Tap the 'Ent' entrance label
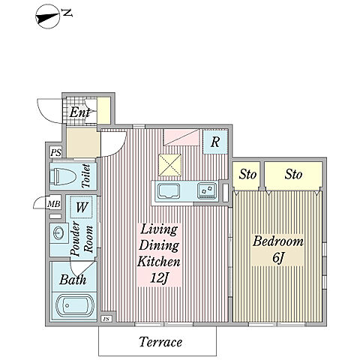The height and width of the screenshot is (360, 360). pos(79,112)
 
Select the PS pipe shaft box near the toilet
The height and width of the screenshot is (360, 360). pos(55,152)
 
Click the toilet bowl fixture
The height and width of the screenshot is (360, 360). pos(63,177)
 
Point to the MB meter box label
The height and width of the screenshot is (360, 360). pos(54,205)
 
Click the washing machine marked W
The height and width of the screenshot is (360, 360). pos(82,207)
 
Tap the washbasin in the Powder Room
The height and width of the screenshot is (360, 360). pos(58,233)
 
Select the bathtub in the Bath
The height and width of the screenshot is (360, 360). pos(75,305)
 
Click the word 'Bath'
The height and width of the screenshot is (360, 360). pos(73,280)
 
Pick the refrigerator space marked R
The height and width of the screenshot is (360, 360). pos(215,142)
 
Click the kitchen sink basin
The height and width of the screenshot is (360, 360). pos(169,191)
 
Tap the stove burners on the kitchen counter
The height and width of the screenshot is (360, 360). pos(207,190)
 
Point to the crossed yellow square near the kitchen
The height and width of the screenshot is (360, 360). pos(170,165)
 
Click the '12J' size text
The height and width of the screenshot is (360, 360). pos(160,277)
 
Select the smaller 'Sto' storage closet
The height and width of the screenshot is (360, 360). pos(247,174)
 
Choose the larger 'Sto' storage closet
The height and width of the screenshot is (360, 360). pos(293,174)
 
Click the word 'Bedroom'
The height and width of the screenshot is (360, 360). pos(278,241)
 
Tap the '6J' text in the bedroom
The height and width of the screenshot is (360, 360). pos(278,258)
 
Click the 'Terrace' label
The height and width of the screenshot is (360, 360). pos(160,342)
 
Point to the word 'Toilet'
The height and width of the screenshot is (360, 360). pos(85,175)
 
